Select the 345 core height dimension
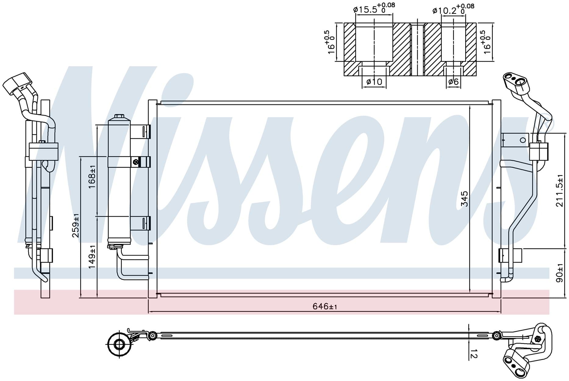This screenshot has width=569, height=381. [464, 198]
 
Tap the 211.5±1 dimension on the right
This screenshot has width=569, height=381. [560, 191]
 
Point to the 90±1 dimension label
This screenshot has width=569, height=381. [560, 273]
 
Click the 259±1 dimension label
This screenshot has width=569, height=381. [76, 225]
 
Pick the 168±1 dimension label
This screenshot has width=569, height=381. [92, 177]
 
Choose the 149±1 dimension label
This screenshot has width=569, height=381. [92, 257]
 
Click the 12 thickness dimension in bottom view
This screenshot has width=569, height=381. [474, 354]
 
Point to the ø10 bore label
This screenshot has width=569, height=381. [374, 82]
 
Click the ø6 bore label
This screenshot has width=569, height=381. [453, 82]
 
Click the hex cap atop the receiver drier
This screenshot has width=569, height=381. [119, 117]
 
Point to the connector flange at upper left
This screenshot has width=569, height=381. [18, 82]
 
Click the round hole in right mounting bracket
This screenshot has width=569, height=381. [523, 140]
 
